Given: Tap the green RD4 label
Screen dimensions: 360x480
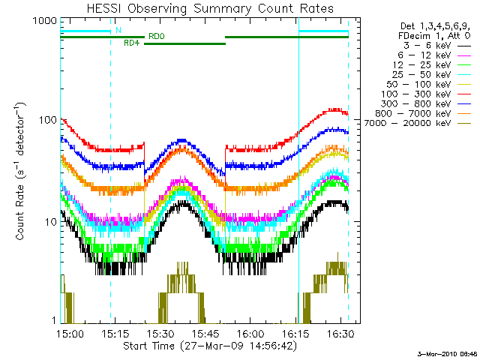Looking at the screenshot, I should [x=131, y=43].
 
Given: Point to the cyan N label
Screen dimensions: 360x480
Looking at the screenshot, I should [x=118, y=31].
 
